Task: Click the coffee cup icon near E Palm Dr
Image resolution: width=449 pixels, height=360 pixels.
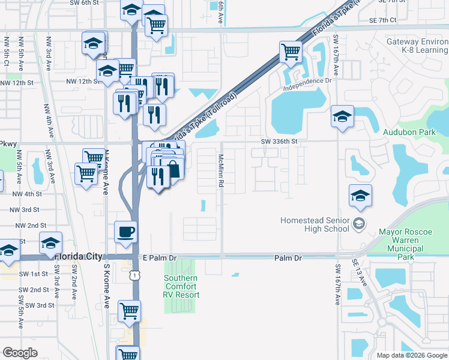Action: click(x=125, y=232)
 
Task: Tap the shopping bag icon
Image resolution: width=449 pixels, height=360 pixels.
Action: click(x=172, y=169)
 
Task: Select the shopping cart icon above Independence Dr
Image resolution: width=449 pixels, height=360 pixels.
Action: click(x=291, y=52)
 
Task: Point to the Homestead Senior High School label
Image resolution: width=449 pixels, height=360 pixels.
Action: click(x=315, y=224)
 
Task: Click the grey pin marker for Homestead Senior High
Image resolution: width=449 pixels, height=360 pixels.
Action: click(x=359, y=224)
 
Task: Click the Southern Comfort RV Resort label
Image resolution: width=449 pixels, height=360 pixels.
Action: click(x=181, y=286)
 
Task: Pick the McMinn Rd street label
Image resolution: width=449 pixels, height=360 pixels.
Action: click(x=221, y=170)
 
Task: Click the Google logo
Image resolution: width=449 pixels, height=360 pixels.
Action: click(x=20, y=353)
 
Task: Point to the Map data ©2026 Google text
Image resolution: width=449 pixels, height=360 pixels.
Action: click(x=411, y=355)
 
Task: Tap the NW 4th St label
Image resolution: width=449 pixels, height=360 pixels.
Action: click(x=26, y=194)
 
